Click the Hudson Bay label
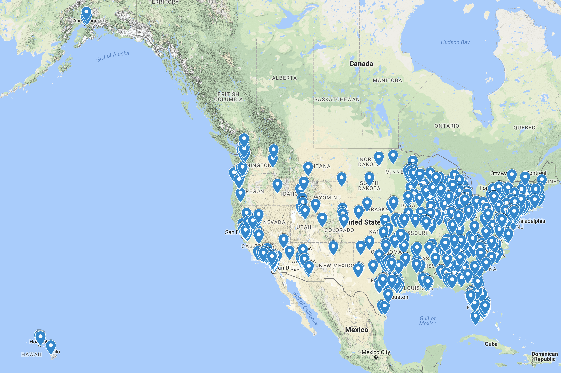pos(455,42)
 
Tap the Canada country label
pos(361,64)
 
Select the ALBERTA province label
pos(284,78)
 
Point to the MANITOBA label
pos(387,81)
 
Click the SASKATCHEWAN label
pos(337,100)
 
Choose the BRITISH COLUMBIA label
pos(228,97)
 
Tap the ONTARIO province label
pos(447,126)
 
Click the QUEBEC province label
pos(524,128)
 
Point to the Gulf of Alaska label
pos(112,56)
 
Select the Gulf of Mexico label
pos(428,321)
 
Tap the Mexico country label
pos(356,330)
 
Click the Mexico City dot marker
pos(376,357)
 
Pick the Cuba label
pos(491,344)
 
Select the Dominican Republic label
pos(545,356)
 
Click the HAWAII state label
pos(31,354)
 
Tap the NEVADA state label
pos(274,222)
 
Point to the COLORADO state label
pos(339,230)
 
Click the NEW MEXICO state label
pos(336,266)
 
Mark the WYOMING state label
pos(327,198)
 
